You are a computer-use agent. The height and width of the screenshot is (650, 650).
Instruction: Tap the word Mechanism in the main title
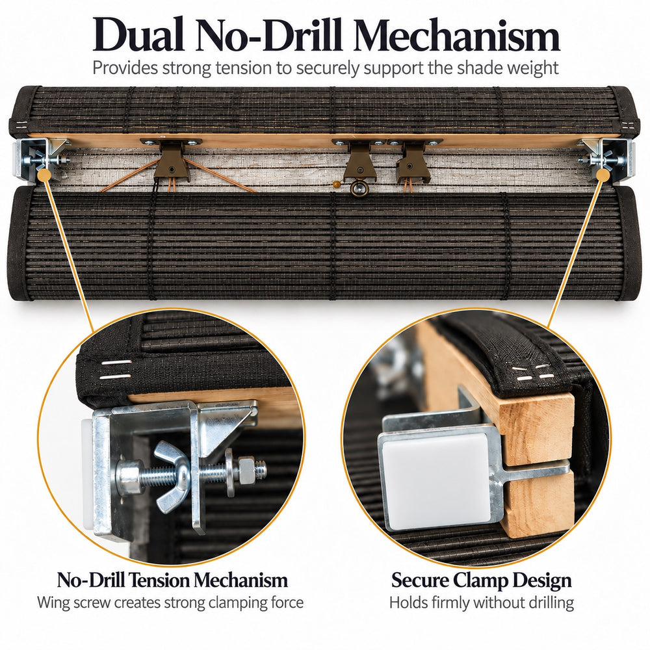456,34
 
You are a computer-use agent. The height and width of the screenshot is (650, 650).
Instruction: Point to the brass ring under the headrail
358,188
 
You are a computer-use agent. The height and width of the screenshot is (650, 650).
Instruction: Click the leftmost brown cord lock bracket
171,162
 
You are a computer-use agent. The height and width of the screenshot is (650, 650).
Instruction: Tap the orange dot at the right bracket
603,174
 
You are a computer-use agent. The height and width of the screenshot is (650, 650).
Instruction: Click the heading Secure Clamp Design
481,580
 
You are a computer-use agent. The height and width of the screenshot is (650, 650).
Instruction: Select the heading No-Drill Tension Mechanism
172,580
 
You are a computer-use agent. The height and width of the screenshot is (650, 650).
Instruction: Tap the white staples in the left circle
116,370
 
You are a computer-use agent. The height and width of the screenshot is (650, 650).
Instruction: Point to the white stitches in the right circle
535,372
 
